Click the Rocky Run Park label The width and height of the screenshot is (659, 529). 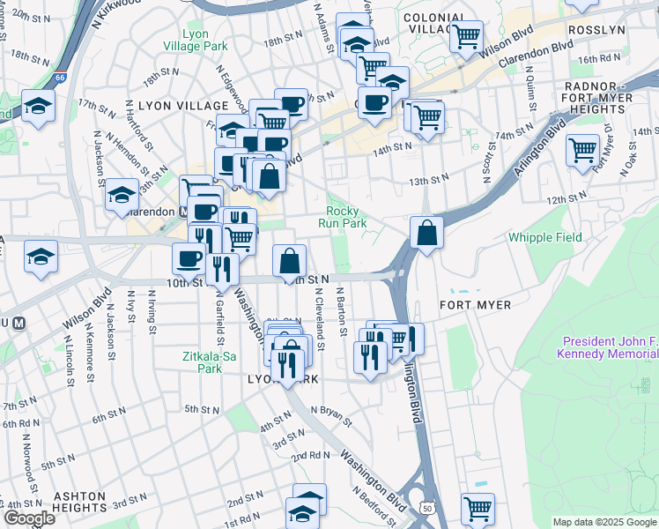346,217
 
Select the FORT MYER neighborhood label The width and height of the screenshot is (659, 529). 475,305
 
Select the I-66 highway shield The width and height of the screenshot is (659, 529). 60,77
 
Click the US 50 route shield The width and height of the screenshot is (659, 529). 428,508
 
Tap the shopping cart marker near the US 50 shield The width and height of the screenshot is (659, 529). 478,507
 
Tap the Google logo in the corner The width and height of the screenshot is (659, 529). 29,518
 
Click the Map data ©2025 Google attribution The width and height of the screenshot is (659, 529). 604,522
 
